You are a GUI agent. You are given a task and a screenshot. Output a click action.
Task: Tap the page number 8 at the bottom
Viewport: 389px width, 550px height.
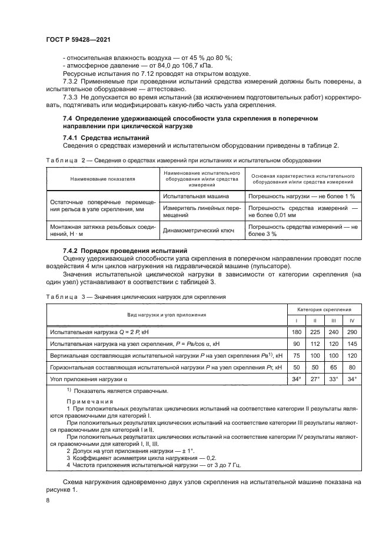(48, 500)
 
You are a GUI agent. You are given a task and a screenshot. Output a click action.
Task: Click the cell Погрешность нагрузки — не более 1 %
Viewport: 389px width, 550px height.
(302, 196)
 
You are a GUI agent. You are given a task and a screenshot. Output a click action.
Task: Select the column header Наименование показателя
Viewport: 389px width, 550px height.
(103, 178)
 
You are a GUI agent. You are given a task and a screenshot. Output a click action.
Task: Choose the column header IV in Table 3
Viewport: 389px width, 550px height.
(352, 320)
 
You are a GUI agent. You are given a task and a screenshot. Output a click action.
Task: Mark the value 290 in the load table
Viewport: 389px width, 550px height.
(352, 332)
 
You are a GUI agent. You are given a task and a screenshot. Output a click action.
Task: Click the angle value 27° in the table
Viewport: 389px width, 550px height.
(315, 379)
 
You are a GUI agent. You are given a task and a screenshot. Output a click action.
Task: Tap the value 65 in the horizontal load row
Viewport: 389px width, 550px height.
(334, 368)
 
